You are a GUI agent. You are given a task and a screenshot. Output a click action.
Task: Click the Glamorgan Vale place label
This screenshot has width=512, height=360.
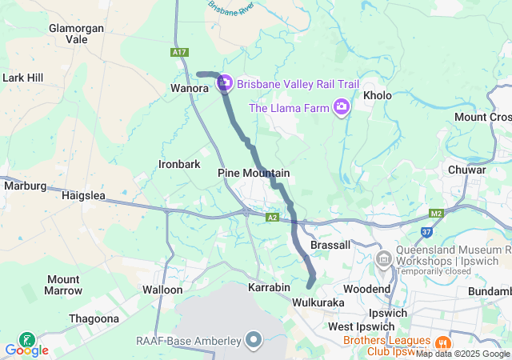pyautogui.click(x=78, y=33)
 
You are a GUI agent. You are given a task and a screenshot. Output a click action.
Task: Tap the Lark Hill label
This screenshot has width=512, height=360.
pyautogui.click(x=23, y=78)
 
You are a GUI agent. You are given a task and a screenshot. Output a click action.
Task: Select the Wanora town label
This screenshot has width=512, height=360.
pyautogui.click(x=190, y=88)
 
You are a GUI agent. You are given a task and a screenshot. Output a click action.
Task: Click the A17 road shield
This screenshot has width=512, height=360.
pyautogui.click(x=180, y=52)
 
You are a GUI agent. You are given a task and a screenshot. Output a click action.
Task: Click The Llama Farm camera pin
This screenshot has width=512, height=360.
pyautogui.click(x=342, y=107)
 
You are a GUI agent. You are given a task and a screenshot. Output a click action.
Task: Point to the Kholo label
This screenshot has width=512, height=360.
pyautogui.click(x=378, y=95)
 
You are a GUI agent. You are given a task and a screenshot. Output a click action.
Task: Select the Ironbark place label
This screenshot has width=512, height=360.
pyautogui.click(x=179, y=164)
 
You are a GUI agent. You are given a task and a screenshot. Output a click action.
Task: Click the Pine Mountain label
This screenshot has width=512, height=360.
pyautogui.click(x=254, y=173)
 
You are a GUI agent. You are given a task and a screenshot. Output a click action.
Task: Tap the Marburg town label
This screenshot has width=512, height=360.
pyautogui.click(x=26, y=186)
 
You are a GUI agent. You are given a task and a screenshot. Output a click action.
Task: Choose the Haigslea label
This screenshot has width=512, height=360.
pyautogui.click(x=84, y=194)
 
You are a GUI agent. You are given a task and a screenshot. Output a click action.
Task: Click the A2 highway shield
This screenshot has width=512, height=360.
pyautogui.click(x=273, y=217)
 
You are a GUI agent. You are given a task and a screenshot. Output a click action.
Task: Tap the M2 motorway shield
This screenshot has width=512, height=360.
pyautogui.click(x=436, y=214)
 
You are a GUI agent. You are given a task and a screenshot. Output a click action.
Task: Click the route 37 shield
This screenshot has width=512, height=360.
pyautogui.click(x=426, y=233)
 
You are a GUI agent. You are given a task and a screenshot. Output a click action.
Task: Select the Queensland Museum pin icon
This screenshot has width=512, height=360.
pyautogui.click(x=383, y=259)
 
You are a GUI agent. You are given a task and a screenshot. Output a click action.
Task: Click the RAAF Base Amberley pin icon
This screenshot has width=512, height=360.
pyautogui.click(x=254, y=341)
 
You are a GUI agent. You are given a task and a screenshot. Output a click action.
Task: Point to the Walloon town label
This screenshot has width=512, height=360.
pyautogui.click(x=162, y=290)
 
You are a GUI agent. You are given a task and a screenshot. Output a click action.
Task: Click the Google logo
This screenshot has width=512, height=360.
pyautogui.click(x=26, y=350)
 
